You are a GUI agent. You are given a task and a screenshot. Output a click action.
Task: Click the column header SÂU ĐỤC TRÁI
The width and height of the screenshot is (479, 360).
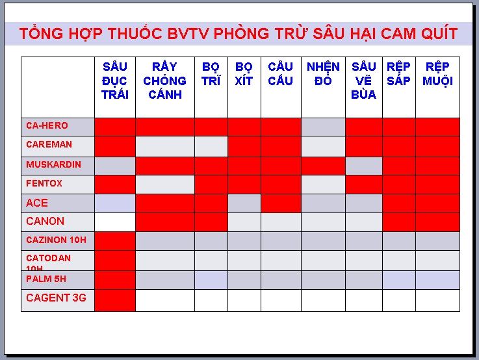coord(115,81)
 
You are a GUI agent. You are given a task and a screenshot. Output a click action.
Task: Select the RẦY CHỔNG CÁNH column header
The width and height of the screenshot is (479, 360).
coord(164,81)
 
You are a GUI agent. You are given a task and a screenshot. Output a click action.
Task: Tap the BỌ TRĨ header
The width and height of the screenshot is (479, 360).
coord(211,74)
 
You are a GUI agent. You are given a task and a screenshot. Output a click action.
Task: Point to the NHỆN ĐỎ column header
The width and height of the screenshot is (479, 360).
coord(323,74)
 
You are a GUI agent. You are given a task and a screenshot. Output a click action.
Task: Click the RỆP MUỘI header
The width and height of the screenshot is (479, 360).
coord(437,74)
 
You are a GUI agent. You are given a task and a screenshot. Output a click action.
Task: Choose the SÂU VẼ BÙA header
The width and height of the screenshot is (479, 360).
coord(363,81)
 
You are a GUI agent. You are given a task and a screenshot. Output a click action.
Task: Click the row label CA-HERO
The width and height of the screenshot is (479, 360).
coord(47,125)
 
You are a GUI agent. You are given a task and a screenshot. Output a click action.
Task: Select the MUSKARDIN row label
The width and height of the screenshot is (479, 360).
coord(54,164)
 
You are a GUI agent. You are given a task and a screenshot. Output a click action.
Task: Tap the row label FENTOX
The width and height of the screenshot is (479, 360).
coord(44,183)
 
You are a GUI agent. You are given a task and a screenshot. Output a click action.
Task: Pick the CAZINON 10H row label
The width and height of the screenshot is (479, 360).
coord(56,240)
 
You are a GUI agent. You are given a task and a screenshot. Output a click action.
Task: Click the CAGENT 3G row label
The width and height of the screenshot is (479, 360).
coord(56,298)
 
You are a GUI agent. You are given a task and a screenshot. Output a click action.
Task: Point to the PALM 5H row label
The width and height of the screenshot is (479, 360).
coord(46,279)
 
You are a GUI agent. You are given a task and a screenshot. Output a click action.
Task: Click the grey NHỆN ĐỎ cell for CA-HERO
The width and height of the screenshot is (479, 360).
coord(323,127)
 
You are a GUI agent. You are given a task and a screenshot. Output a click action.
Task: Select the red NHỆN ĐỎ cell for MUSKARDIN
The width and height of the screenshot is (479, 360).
coord(323,166)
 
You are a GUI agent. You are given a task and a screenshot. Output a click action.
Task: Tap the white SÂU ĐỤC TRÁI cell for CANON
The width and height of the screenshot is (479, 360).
coord(115,222)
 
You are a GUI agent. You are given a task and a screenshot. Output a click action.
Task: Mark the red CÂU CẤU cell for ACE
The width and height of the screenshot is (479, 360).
coord(281,203)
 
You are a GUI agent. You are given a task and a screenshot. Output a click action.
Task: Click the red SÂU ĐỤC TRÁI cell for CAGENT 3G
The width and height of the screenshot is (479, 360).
coord(115,300)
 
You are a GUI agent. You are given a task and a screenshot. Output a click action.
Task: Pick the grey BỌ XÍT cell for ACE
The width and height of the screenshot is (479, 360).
coord(244,203)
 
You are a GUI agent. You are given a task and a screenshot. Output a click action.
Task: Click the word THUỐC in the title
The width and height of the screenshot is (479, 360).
coord(135,34)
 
